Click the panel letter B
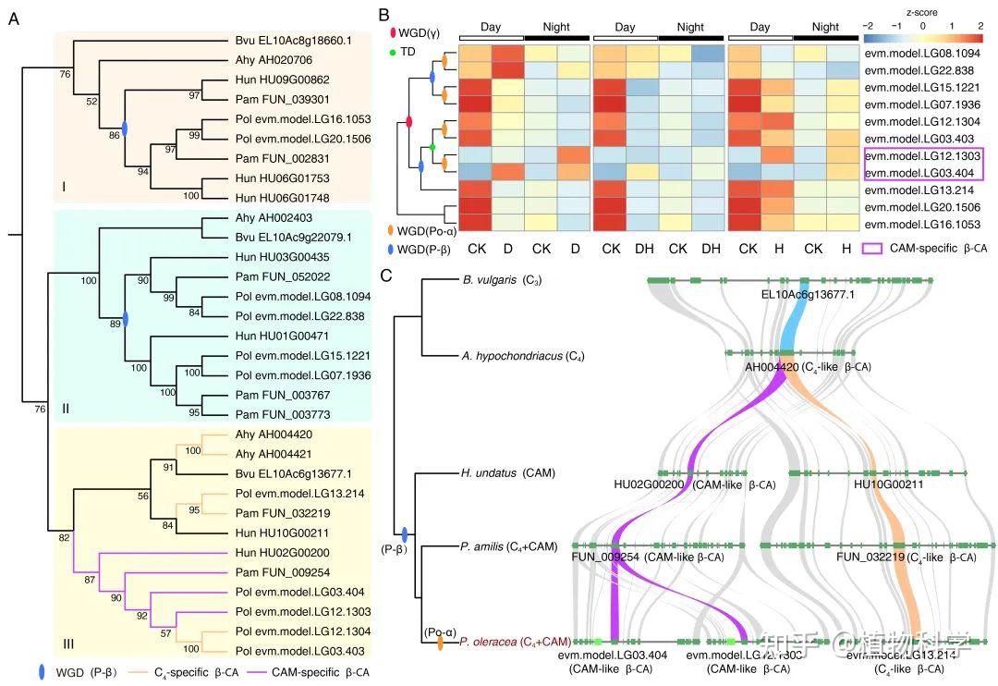384,15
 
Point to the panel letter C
384,275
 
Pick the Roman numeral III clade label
67,631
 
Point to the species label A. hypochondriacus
511,356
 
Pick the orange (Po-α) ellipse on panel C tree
440,641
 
